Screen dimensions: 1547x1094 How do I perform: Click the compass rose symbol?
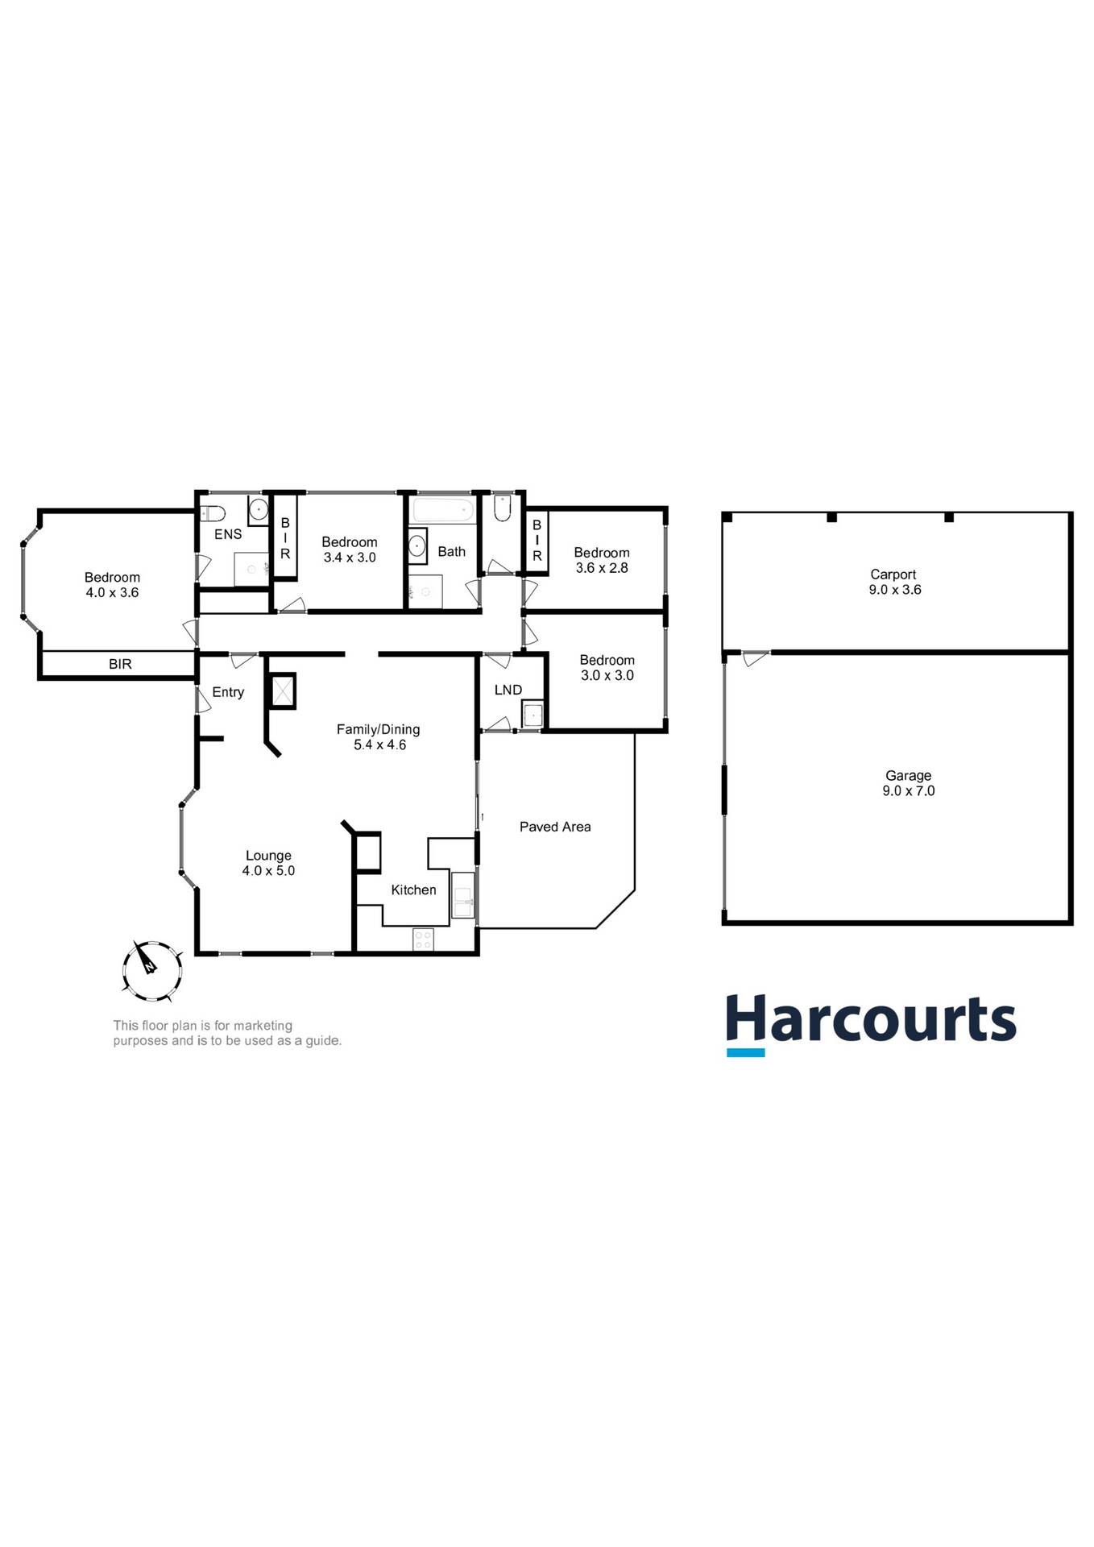coord(151,971)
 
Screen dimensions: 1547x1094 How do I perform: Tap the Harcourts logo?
coord(871,1023)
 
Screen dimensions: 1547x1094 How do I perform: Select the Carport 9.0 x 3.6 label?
coord(894,582)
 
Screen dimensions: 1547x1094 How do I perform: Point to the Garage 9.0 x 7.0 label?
coord(908,783)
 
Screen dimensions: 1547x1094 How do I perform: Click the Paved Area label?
coord(555,827)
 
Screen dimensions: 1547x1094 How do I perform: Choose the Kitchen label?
coord(413,890)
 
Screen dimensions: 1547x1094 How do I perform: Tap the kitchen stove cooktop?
coord(423,939)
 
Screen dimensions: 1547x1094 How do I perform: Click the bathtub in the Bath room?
coord(442,510)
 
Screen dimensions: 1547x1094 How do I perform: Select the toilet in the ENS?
coord(213,512)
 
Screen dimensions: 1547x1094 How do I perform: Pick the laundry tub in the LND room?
coord(532,715)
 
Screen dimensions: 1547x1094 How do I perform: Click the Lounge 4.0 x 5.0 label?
coord(268,863)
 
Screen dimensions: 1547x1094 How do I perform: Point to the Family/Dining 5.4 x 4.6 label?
coord(379,736)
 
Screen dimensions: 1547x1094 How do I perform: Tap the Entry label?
coord(228,692)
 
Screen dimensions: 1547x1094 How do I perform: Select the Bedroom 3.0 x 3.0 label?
coord(607,668)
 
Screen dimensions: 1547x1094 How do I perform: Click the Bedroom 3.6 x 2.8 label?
coord(602,560)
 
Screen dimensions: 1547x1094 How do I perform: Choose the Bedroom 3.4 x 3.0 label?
coord(350,550)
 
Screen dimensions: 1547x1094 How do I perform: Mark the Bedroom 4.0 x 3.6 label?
coord(112,584)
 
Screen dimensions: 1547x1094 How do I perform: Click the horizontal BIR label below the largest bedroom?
coord(120,664)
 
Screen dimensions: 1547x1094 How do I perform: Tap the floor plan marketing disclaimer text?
coord(227,1033)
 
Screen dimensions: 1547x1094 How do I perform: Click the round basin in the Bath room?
coord(417,545)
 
